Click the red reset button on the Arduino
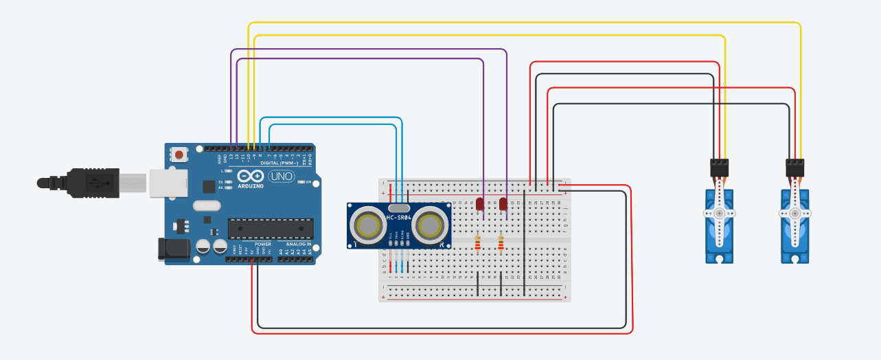179,155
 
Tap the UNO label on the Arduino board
280,177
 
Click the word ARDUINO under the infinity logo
251,186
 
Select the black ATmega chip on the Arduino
271,229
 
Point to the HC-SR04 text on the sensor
399,218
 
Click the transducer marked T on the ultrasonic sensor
367,225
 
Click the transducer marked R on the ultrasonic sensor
431,225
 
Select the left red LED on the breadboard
479,203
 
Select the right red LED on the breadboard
503,203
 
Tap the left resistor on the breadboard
478,243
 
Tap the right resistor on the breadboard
501,243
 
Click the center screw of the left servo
719,214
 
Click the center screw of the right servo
794,214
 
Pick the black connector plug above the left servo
719,168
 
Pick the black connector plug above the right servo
794,168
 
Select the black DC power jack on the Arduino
172,249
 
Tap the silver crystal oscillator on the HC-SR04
399,207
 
